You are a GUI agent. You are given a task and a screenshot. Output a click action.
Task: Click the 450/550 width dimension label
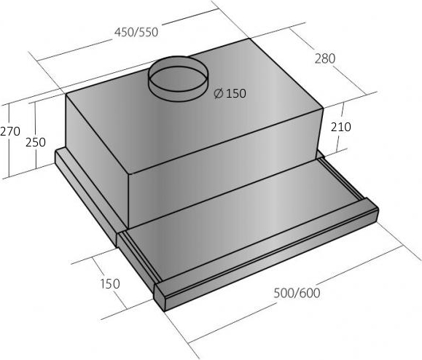coord(136,32)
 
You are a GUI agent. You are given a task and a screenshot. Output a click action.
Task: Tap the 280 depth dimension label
coord(325,58)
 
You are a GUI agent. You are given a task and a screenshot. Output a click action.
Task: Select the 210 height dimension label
coord(340,127)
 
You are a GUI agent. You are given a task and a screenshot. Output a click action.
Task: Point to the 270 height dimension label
coord(10,131)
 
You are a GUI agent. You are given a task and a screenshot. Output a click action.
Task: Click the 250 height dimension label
coord(36,142)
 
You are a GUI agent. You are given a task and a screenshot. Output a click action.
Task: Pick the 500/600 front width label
coord(297,293)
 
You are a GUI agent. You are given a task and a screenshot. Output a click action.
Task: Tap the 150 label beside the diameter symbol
coord(236,93)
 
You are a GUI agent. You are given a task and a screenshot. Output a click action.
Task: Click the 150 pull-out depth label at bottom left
coord(110,284)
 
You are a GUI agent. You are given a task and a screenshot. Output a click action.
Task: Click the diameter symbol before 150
coord(218,93)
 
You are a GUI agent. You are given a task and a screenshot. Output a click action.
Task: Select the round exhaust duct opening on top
coord(179,78)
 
